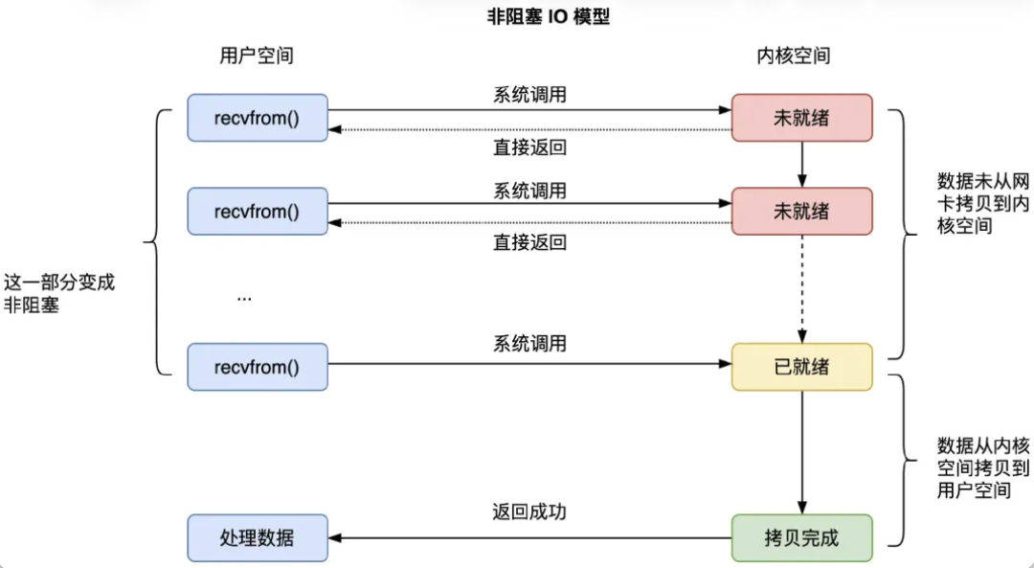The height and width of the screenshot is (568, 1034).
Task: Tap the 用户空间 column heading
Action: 257,56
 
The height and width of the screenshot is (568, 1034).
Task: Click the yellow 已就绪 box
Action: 802,367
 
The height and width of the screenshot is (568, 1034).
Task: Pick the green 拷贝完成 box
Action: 802,537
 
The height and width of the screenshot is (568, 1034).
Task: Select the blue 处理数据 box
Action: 257,537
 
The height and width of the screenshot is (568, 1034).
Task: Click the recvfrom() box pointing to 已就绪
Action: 257,367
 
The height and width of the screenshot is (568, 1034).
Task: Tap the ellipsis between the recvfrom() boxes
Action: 244,297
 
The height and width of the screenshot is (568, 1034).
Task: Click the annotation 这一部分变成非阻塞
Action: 59,295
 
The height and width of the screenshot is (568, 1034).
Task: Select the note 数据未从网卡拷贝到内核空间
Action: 969,203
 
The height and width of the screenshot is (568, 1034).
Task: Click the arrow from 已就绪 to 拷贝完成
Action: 802,450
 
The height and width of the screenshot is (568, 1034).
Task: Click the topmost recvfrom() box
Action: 257,117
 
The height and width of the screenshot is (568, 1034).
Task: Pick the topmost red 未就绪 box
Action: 802,117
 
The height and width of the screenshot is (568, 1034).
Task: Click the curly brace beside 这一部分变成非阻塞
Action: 153,241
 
